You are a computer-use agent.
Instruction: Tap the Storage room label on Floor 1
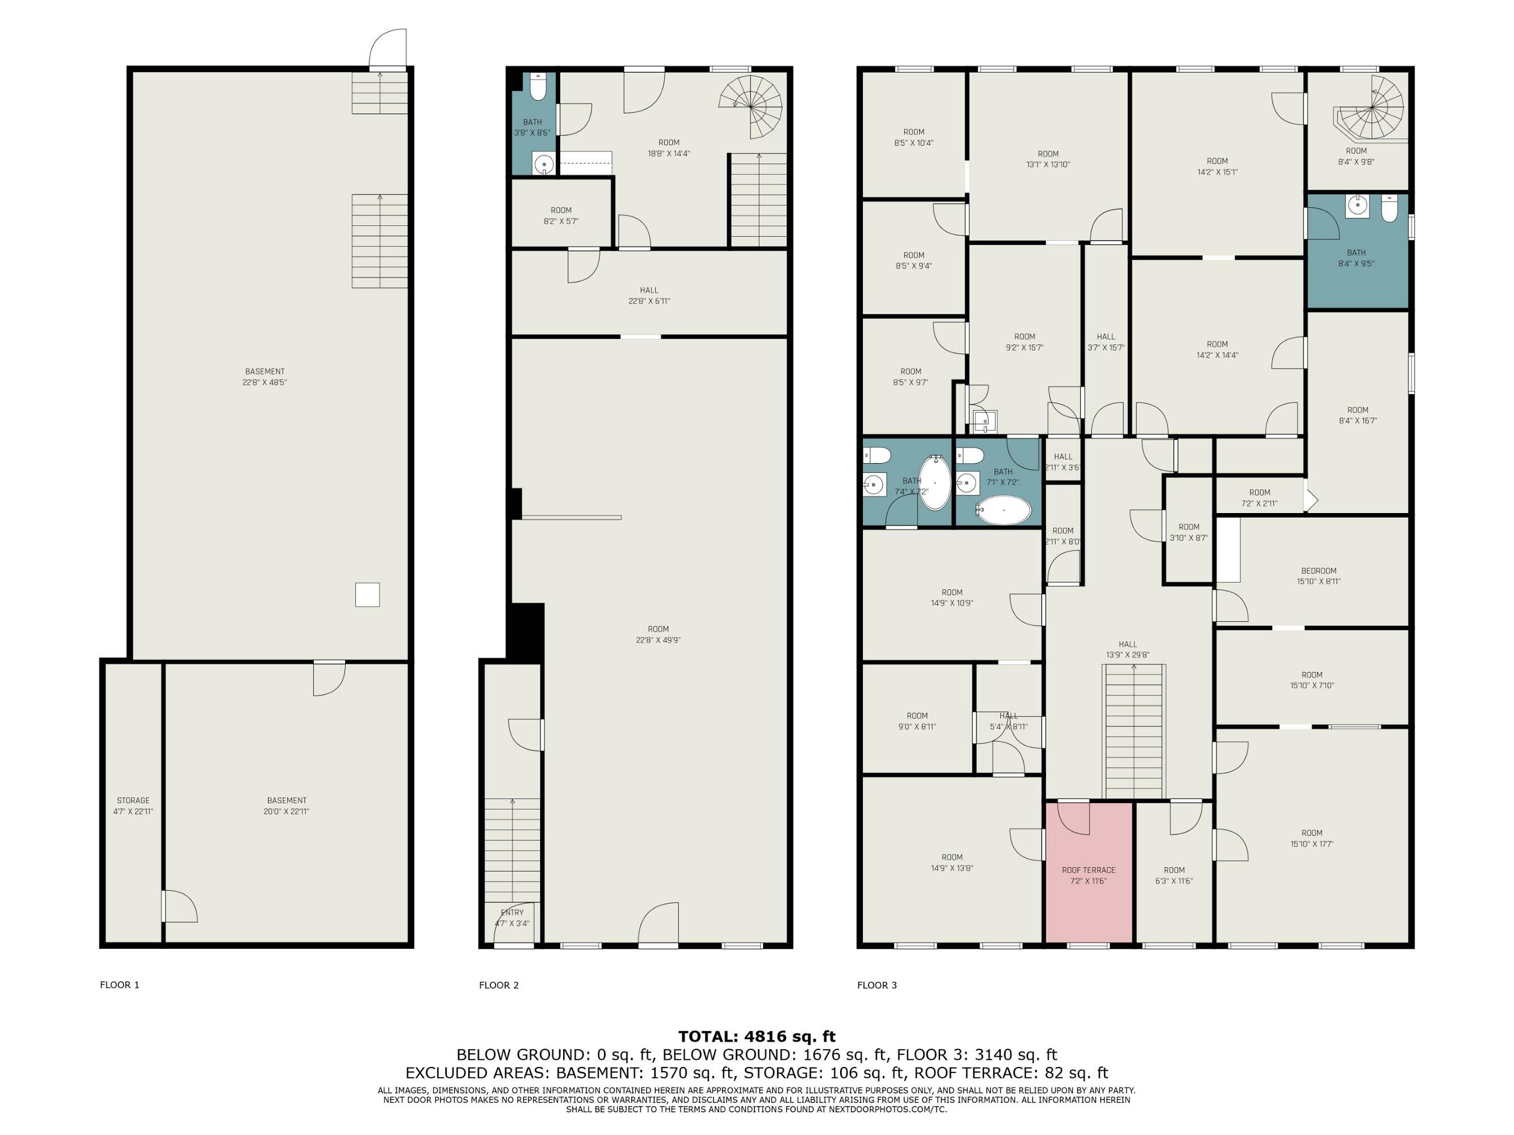133,806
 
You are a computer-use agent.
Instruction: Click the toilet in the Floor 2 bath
538,87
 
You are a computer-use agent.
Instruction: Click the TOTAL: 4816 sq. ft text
756,1036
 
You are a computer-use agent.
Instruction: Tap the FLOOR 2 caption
499,985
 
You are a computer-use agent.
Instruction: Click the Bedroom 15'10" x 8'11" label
1318,576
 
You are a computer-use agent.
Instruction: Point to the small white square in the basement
367,595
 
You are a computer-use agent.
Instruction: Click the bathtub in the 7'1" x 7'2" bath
1004,510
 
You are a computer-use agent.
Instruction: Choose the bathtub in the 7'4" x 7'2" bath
934,483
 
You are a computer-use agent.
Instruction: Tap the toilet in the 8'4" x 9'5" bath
1390,209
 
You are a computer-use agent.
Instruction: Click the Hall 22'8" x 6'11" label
649,296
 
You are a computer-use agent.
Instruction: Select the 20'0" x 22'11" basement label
287,806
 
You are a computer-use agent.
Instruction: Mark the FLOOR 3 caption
876,985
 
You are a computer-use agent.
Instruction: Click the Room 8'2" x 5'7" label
561,216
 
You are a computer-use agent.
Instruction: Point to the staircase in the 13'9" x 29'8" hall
1134,732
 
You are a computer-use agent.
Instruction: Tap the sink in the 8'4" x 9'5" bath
1357,206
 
